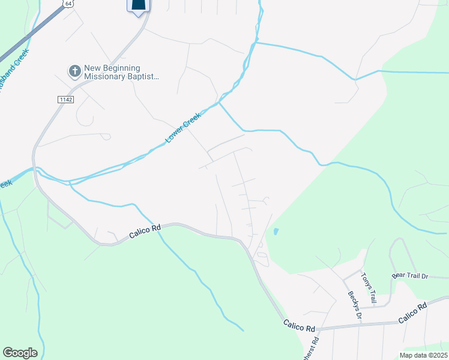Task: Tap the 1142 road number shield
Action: [66, 99]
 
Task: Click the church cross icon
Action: [75, 71]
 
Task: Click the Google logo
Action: [20, 353]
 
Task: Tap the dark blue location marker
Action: [138, 6]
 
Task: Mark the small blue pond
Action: [276, 231]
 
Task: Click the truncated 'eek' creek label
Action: [6, 184]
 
